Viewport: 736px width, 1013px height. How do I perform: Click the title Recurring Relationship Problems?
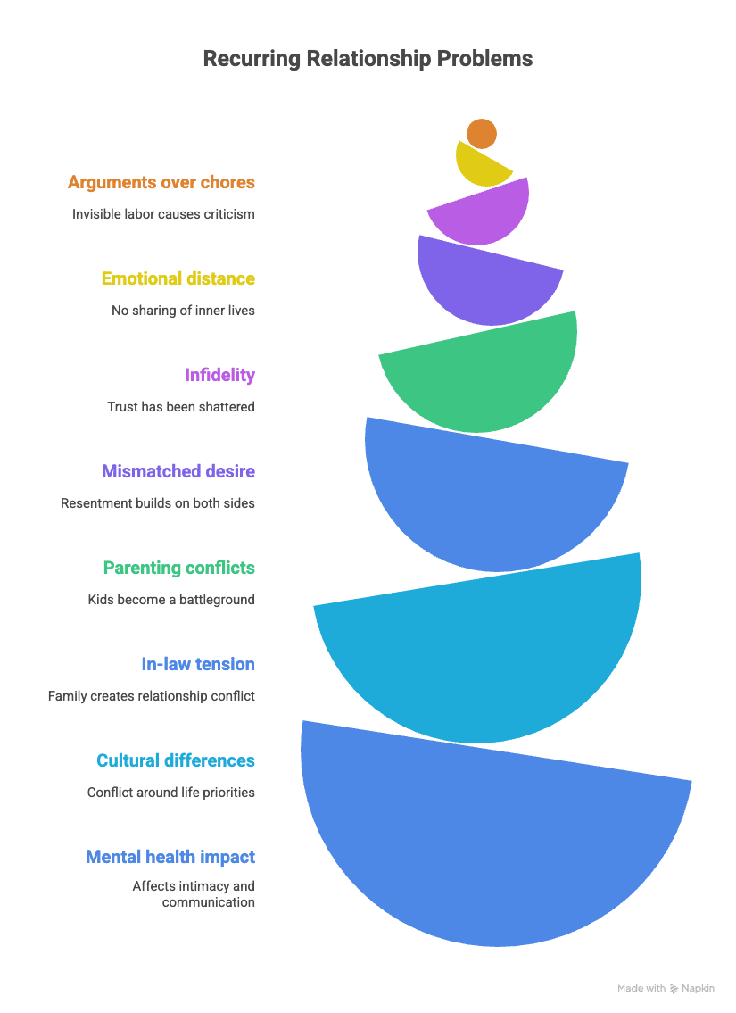368,59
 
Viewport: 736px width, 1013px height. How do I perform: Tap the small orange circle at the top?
482,133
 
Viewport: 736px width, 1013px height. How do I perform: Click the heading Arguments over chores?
161,183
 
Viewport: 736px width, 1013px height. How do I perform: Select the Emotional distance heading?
178,278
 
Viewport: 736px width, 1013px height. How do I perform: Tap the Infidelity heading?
219,375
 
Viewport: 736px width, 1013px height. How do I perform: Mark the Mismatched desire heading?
178,471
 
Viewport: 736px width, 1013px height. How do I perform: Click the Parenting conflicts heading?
178,568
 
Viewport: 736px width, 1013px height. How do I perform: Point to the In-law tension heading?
198,664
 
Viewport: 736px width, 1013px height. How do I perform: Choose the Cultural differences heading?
176,760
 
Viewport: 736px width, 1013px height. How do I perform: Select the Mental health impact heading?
170,857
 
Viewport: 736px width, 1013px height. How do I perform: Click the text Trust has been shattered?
181,407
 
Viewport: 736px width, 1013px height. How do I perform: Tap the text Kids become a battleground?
171,600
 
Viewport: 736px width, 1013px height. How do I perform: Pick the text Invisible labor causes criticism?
163,214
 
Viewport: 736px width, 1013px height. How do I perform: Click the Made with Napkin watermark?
666,988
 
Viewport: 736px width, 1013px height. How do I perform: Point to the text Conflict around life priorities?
171,793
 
